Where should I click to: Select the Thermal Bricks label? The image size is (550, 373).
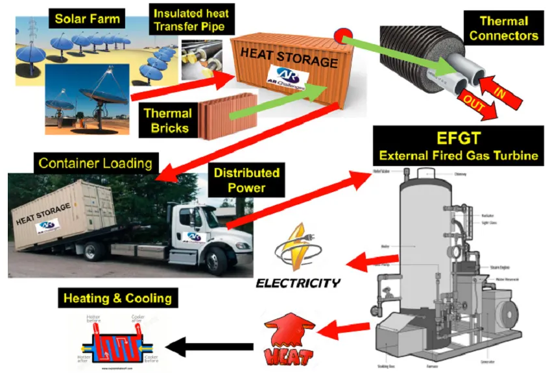[x=167, y=119]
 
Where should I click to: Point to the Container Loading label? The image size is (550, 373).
[x=95, y=162]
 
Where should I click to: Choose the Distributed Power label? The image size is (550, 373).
[x=246, y=180]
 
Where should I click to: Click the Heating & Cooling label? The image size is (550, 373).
[x=117, y=298]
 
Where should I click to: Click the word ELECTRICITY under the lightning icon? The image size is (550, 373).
[x=298, y=283]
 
